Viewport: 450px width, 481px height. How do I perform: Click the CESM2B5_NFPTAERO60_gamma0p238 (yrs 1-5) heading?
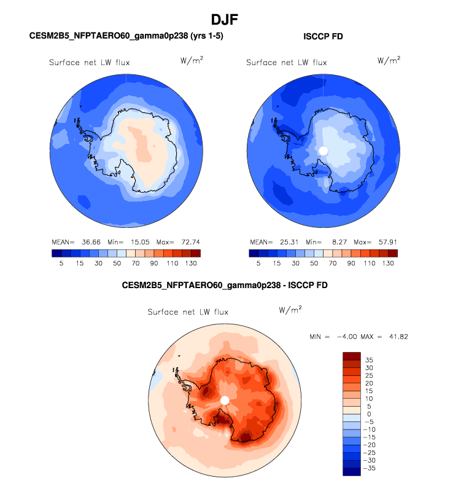126,36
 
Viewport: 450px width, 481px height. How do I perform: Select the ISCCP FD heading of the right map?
323,36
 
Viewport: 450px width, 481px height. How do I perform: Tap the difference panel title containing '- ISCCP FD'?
225,286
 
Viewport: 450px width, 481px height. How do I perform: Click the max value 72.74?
187,241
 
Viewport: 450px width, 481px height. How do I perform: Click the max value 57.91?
384,241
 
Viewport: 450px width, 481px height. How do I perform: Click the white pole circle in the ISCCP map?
324,151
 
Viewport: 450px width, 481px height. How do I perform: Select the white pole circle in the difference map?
225,401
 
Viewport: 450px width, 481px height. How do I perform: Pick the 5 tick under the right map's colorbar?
258,263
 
